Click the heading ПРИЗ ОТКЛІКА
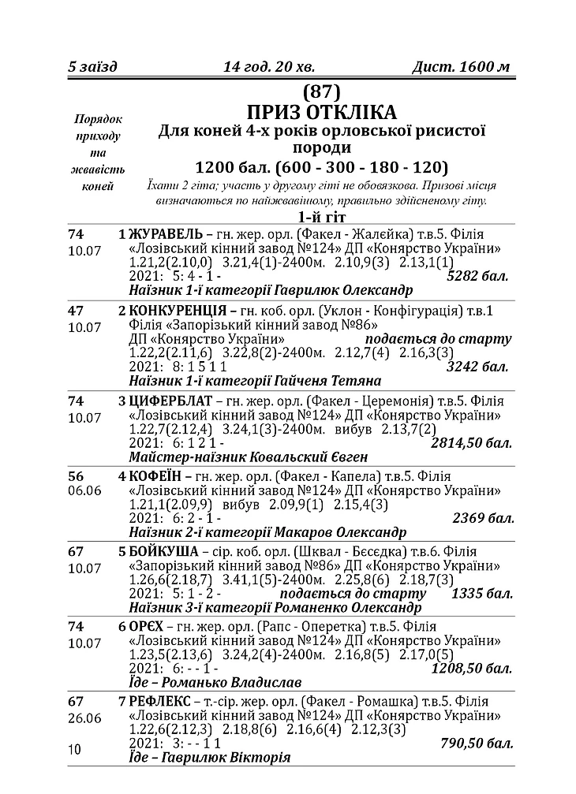[320, 111]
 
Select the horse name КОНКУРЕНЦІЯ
[177, 311]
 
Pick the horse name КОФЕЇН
[156, 476]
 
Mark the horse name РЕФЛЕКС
[159, 702]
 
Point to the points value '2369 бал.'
[483, 518]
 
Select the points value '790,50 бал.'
[477, 744]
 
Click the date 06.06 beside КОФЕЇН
[85, 491]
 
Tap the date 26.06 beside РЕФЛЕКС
[85, 718]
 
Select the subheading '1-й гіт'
[320, 217]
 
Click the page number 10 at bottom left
[76, 750]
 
